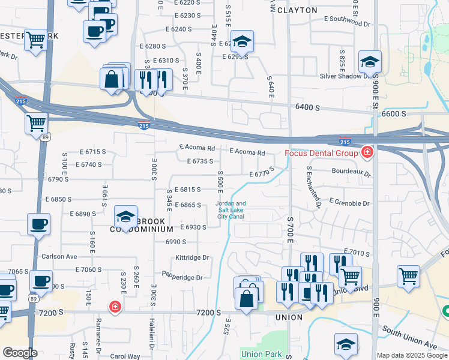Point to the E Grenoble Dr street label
tap(349, 203)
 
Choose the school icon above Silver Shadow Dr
tap(370, 61)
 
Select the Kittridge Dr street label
tap(191, 257)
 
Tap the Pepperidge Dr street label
tap(182, 277)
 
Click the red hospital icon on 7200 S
tap(114, 307)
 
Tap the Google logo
tap(20, 353)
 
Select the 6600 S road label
tap(394, 113)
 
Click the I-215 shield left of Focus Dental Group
tap(344, 142)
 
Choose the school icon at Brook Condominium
tap(125, 216)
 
